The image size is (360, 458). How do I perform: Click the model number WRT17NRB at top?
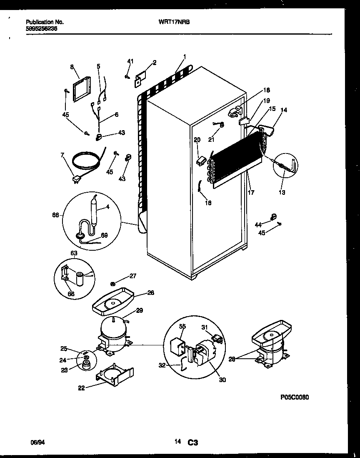(174, 22)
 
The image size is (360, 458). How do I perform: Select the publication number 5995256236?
(42, 30)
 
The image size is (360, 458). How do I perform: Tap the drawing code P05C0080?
(295, 398)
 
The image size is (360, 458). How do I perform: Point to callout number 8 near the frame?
(72, 67)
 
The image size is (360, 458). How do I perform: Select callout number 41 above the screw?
(130, 62)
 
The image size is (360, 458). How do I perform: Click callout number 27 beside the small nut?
(132, 276)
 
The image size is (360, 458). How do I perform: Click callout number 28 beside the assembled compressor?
(232, 358)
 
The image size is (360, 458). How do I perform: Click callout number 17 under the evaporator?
(251, 193)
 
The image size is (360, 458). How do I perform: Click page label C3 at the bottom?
(192, 442)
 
